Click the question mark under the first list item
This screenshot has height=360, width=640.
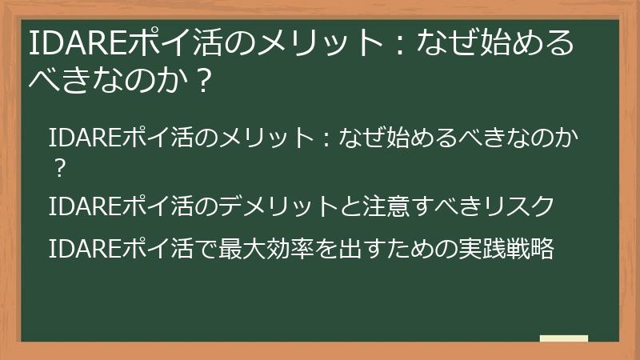[58, 169]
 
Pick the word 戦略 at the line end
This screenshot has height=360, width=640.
[532, 249]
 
